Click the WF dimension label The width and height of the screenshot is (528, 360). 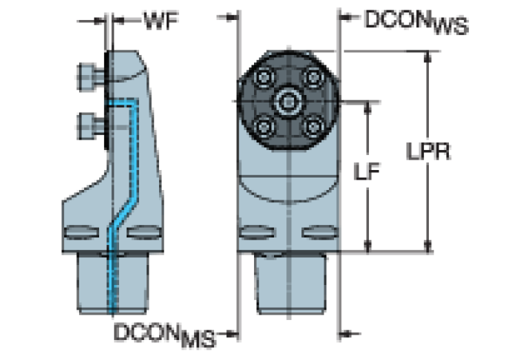(x=161, y=20)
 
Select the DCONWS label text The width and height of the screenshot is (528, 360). (x=416, y=22)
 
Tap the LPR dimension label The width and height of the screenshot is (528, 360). (x=427, y=151)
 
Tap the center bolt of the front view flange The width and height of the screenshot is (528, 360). (x=288, y=103)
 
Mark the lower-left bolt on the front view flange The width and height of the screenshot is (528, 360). (x=263, y=126)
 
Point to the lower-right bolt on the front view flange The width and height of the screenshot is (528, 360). (x=313, y=126)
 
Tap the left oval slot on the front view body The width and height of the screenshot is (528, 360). (x=257, y=229)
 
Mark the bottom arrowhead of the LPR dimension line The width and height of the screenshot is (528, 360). (x=428, y=246)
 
